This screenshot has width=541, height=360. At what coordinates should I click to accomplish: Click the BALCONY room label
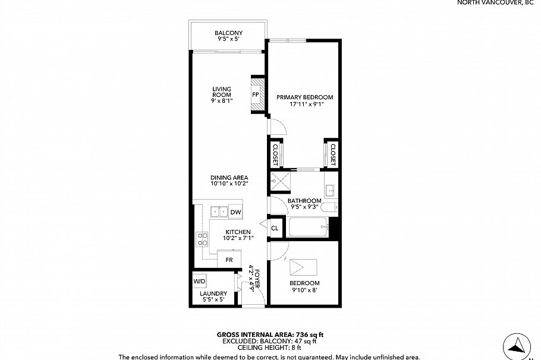pyautogui.click(x=228, y=33)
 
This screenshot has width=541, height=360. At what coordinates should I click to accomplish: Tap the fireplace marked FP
pyautogui.click(x=256, y=95)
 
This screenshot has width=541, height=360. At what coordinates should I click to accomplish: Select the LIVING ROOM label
pyautogui.click(x=222, y=93)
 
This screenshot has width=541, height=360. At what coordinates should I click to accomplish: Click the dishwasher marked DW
pyautogui.click(x=235, y=212)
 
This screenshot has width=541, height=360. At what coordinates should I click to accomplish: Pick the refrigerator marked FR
pyautogui.click(x=229, y=260)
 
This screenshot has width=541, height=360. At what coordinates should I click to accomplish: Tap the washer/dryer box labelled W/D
pyautogui.click(x=199, y=281)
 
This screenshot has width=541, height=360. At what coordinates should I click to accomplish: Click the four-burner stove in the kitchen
pyautogui.click(x=203, y=239)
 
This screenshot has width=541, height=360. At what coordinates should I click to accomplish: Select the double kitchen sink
pyautogui.click(x=219, y=211)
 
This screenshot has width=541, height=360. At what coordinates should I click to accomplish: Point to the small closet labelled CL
pyautogui.click(x=275, y=228)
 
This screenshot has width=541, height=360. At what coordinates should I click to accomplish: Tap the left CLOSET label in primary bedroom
pyautogui.click(x=276, y=154)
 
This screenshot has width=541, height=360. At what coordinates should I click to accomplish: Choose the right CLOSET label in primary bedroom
pyautogui.click(x=332, y=154)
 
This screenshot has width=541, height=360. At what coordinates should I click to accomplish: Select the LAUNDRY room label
pyautogui.click(x=213, y=293)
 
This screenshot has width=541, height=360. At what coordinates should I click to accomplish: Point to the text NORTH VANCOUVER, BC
pyautogui.click(x=498, y=3)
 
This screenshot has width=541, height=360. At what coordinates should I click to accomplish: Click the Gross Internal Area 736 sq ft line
pyautogui.click(x=270, y=335)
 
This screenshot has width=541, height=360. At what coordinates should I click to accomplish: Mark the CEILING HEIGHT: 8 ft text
pyautogui.click(x=270, y=348)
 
